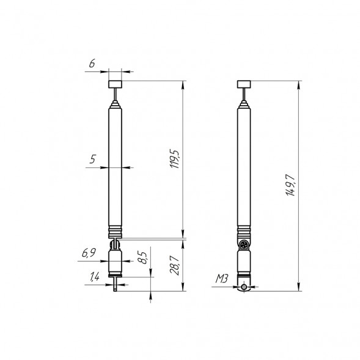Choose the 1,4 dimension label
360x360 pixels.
coord(95,277)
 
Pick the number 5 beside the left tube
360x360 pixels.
coord(92,160)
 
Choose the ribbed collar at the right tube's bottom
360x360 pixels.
coord(244,232)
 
